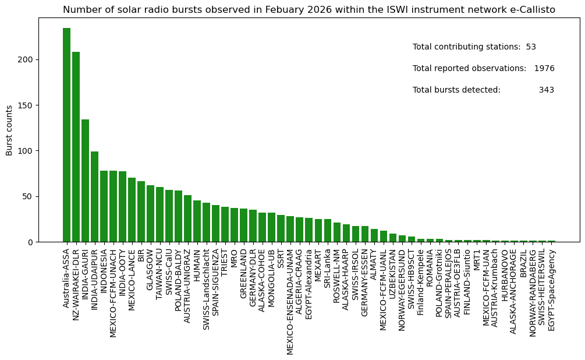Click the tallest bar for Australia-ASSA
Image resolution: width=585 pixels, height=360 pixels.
(66, 135)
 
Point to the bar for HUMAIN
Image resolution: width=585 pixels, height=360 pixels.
(197, 221)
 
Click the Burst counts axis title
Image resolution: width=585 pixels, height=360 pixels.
(9, 130)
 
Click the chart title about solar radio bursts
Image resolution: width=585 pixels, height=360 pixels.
(309, 10)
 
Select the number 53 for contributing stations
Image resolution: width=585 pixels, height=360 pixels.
(530, 47)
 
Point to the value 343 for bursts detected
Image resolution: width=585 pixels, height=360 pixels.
(546, 90)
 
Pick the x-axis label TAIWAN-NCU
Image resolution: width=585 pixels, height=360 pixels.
(159, 270)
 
